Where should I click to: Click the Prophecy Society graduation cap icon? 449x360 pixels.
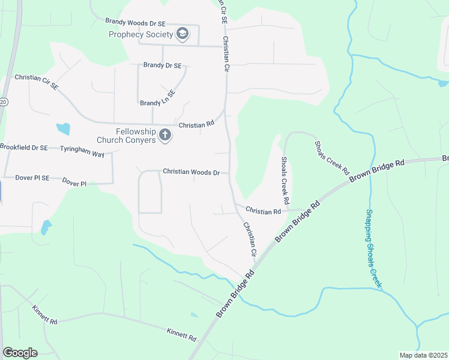coord(182,35)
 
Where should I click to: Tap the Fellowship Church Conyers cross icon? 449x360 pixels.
coord(165,137)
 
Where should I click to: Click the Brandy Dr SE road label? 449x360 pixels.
coord(162,65)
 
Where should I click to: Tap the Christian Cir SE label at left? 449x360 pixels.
coord(37,82)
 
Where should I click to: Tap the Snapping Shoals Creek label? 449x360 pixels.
coord(373,248)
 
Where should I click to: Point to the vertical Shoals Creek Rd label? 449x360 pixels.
coord(285,181)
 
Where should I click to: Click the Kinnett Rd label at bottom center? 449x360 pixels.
coord(181,334)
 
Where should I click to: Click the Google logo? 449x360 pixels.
coord(20,352)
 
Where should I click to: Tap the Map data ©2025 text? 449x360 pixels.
coord(424,355)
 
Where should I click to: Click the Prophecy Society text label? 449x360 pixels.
coord(140,35)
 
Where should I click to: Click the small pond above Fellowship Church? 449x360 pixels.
coord(62,128)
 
